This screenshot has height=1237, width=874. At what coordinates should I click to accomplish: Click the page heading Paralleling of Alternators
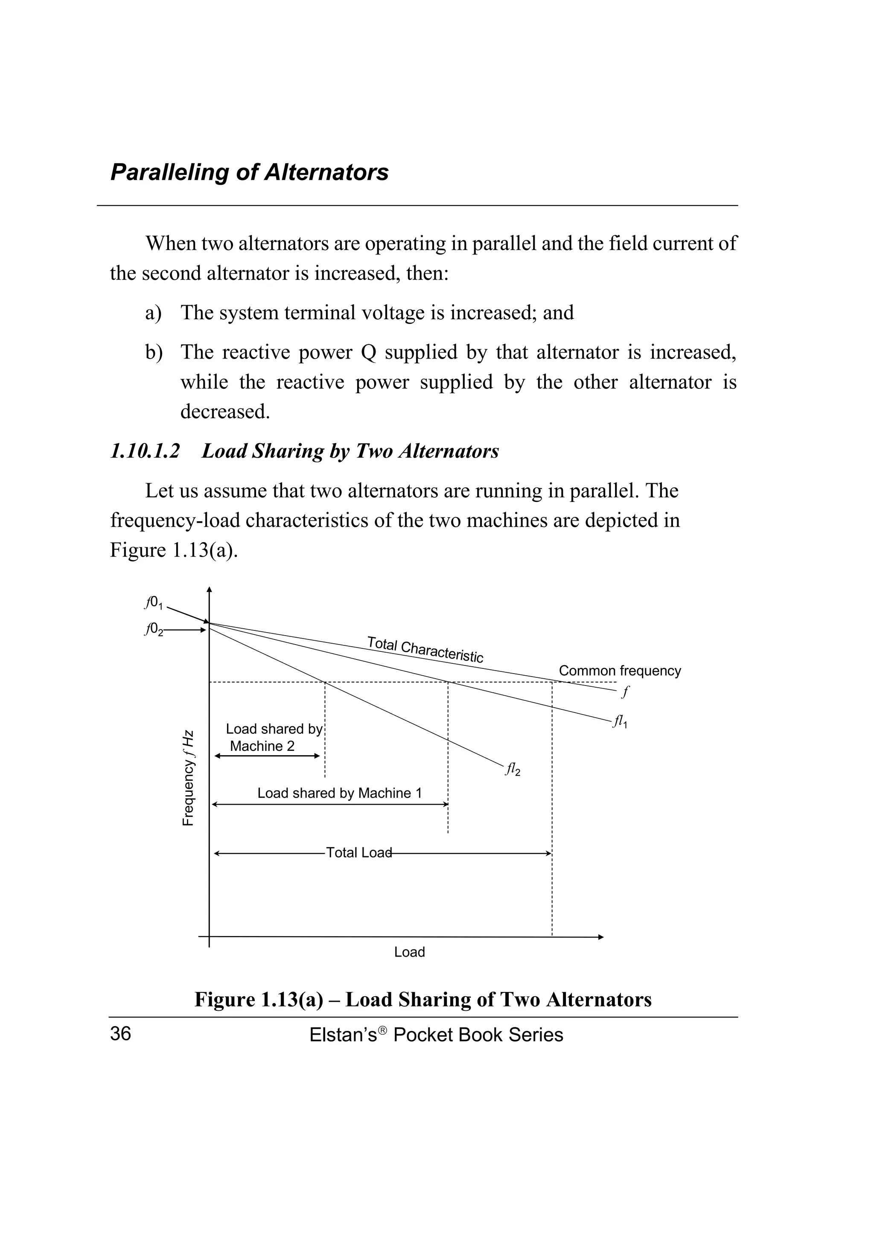coord(249,172)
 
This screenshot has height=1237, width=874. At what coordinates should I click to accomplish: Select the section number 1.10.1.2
coord(144,451)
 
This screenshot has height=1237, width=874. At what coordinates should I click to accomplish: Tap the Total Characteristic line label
coord(425,649)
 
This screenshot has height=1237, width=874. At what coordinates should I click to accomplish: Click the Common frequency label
coord(619,671)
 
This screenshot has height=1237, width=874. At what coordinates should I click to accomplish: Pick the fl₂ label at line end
coord(512,770)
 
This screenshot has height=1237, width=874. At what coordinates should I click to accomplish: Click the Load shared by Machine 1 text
coord(339,793)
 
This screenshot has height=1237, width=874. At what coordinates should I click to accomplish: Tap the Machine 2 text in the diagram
coord(262,746)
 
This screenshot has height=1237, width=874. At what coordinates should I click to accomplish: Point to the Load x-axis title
coord(409,952)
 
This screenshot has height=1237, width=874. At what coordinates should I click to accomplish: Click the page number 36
coord(121,1034)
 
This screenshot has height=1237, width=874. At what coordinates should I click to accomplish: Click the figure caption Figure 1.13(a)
coord(259,999)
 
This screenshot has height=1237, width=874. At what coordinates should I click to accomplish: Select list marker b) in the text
coord(154,352)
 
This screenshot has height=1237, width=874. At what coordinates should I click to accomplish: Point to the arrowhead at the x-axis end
coord(601,937)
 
